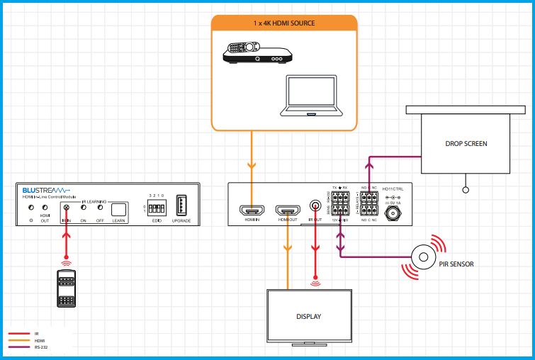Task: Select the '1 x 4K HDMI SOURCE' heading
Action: click(284, 23)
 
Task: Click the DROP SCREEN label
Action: click(466, 144)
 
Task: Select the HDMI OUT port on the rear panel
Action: click(287, 210)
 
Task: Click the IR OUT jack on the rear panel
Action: click(315, 207)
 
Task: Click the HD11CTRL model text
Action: click(392, 189)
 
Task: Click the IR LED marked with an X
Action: click(67, 208)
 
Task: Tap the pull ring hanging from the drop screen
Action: click(466, 190)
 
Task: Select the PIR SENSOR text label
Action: click(456, 264)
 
